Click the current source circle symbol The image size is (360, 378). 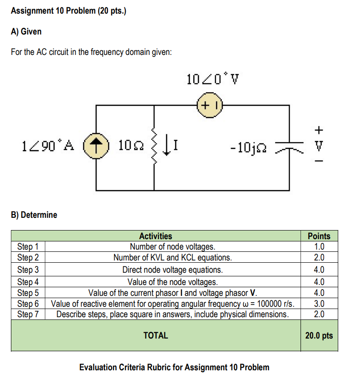coord(96,146)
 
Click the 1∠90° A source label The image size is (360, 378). coord(47,146)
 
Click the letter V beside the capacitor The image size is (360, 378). coord(319,146)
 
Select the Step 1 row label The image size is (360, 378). coord(28,247)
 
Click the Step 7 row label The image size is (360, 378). coord(28,314)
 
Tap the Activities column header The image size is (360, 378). coord(155,236)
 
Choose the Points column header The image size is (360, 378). coord(319,236)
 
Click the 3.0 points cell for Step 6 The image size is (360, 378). coord(319,304)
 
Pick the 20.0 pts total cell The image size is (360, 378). coord(319,336)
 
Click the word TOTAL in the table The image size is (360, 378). coord(155,336)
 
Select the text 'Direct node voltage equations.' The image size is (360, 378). coord(173,270)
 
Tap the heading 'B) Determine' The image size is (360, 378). coord(35,215)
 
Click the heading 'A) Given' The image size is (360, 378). coord(27,31)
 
